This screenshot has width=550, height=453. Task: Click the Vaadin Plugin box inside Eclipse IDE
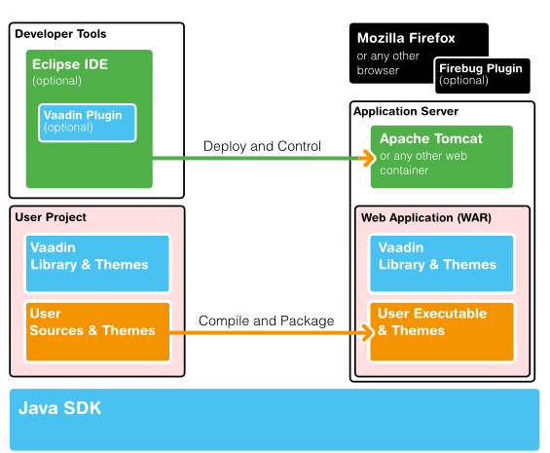click(x=89, y=122)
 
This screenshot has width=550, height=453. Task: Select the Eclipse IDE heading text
click(x=69, y=65)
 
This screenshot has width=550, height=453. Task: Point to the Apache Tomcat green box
click(x=441, y=155)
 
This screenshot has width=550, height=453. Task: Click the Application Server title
click(x=405, y=112)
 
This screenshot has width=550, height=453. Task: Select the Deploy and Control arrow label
click(x=262, y=146)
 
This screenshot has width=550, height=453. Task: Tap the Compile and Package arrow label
click(x=266, y=321)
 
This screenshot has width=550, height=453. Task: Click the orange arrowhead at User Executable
click(x=369, y=332)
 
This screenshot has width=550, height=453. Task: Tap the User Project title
click(x=51, y=216)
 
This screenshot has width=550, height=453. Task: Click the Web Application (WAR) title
click(x=426, y=217)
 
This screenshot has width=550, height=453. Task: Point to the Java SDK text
click(x=59, y=407)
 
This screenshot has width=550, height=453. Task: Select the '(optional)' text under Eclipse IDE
click(x=57, y=81)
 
